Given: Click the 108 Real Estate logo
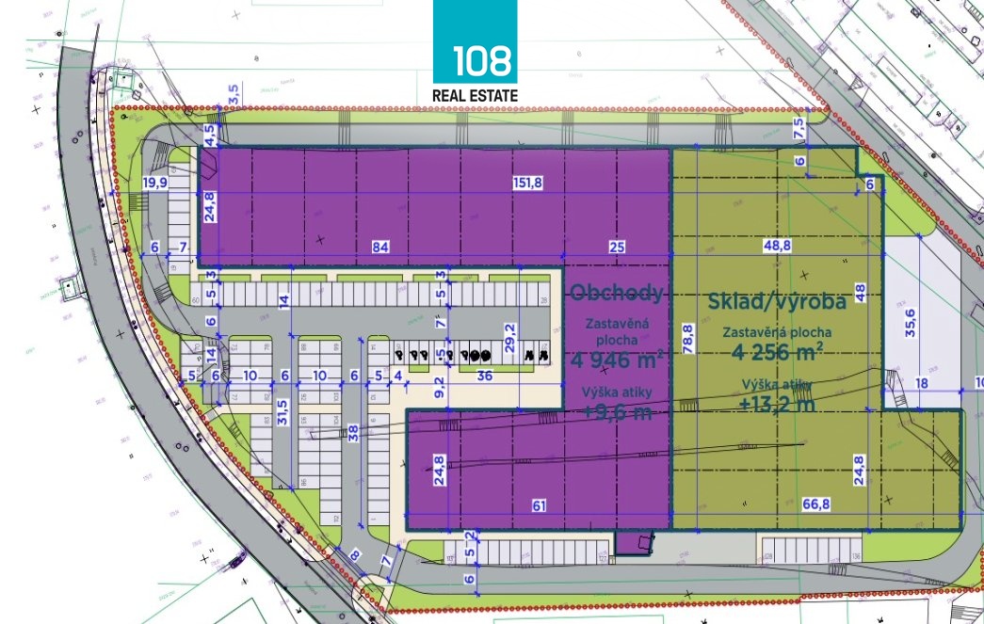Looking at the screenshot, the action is click(475, 52).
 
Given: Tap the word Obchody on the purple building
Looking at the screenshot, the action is click(617, 292).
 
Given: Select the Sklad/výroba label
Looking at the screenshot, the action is click(777, 302).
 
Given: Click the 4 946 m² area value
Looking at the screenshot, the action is click(617, 358).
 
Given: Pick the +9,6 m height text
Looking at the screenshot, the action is click(617, 412).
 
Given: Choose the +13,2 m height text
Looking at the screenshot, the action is click(778, 406).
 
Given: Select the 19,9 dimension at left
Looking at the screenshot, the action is click(154, 182).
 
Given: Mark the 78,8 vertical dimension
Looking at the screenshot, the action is click(687, 336).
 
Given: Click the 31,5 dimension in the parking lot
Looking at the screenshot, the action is click(282, 413).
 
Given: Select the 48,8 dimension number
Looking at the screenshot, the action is click(778, 248).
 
